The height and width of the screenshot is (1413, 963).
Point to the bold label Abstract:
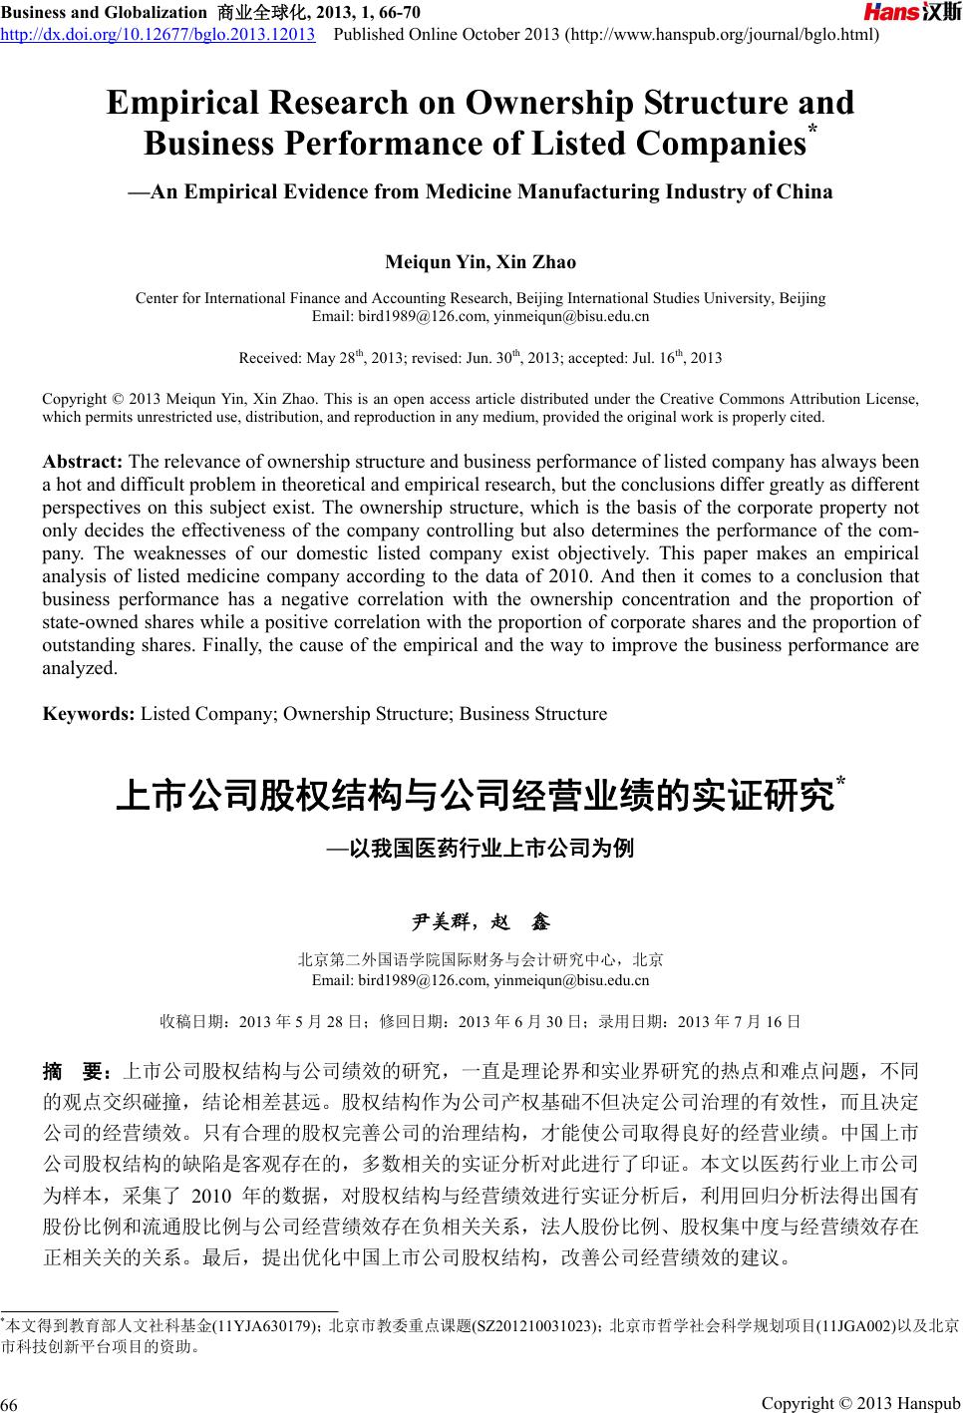(x=83, y=463)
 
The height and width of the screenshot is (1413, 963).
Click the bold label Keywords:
(x=89, y=714)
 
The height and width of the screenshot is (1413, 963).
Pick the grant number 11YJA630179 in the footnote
(x=268, y=1326)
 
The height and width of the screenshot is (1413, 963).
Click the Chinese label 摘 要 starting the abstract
(x=76, y=1073)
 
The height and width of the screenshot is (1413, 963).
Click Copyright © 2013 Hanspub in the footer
(x=859, y=1404)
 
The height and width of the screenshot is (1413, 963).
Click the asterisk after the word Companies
(x=812, y=133)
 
